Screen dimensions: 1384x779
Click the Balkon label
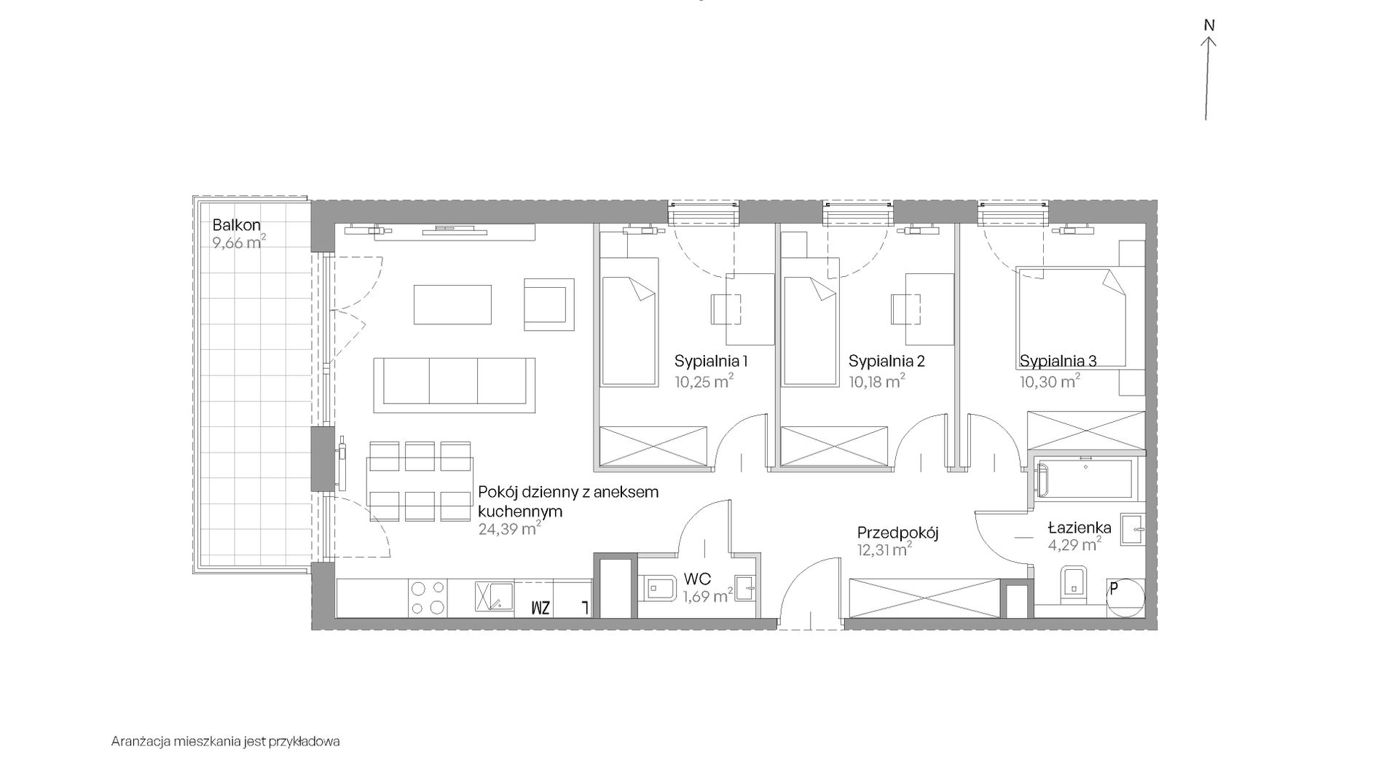tap(236, 225)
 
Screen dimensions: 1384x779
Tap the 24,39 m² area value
tap(509, 528)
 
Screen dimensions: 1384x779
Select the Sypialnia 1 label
tap(711, 361)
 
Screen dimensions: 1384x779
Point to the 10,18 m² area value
tap(877, 380)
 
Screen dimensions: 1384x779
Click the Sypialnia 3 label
tap(1058, 361)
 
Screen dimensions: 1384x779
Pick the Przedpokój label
tap(897, 533)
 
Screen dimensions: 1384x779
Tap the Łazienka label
tap(1080, 527)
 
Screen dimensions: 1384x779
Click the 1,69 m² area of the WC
tap(707, 597)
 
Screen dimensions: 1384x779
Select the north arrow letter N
tap(1209, 26)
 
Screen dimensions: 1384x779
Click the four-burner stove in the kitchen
tap(428, 598)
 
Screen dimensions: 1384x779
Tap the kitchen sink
tap(494, 596)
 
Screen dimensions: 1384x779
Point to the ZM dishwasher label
tap(540, 608)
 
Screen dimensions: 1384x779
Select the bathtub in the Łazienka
tap(1084, 479)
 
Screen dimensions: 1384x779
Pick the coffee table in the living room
tap(452, 305)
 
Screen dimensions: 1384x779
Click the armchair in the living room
tap(549, 304)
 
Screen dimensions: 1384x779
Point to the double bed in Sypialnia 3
tap(1071, 318)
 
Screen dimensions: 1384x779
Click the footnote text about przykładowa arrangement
tap(226, 742)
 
